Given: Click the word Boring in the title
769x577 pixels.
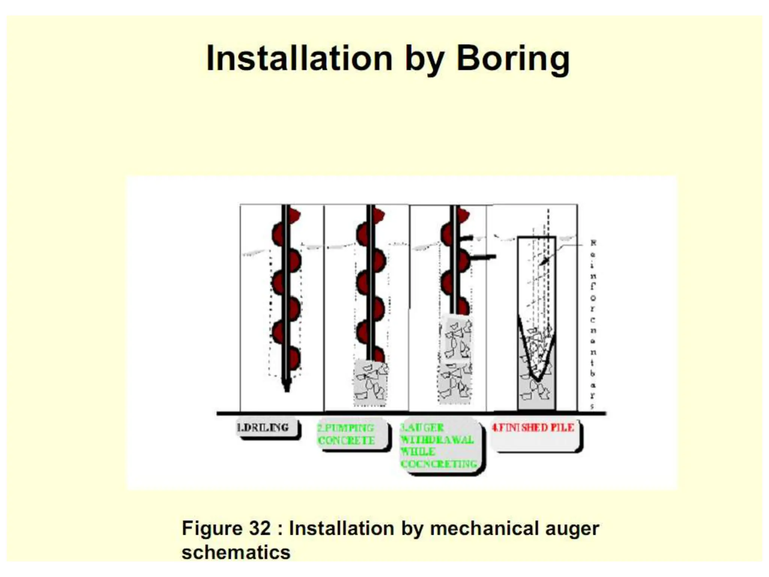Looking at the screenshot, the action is pyautogui.click(x=513, y=59).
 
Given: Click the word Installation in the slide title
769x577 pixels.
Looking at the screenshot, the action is pyautogui.click(x=299, y=59).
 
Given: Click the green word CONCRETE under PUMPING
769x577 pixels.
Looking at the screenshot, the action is pyautogui.click(x=346, y=440).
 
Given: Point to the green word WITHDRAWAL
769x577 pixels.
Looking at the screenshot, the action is pyautogui.click(x=437, y=440).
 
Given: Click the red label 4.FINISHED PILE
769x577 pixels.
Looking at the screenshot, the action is pyautogui.click(x=533, y=427).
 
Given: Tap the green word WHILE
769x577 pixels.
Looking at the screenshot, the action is pyautogui.click(x=418, y=452).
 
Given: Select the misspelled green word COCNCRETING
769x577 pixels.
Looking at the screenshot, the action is pyautogui.click(x=439, y=464).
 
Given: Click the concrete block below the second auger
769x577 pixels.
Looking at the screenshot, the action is pyautogui.click(x=370, y=383).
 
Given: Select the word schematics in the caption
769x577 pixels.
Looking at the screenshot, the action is pyautogui.click(x=236, y=553).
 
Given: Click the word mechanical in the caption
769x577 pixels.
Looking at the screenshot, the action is pyautogui.click(x=484, y=529).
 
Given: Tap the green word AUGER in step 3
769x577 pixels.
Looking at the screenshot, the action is pyautogui.click(x=425, y=427).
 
